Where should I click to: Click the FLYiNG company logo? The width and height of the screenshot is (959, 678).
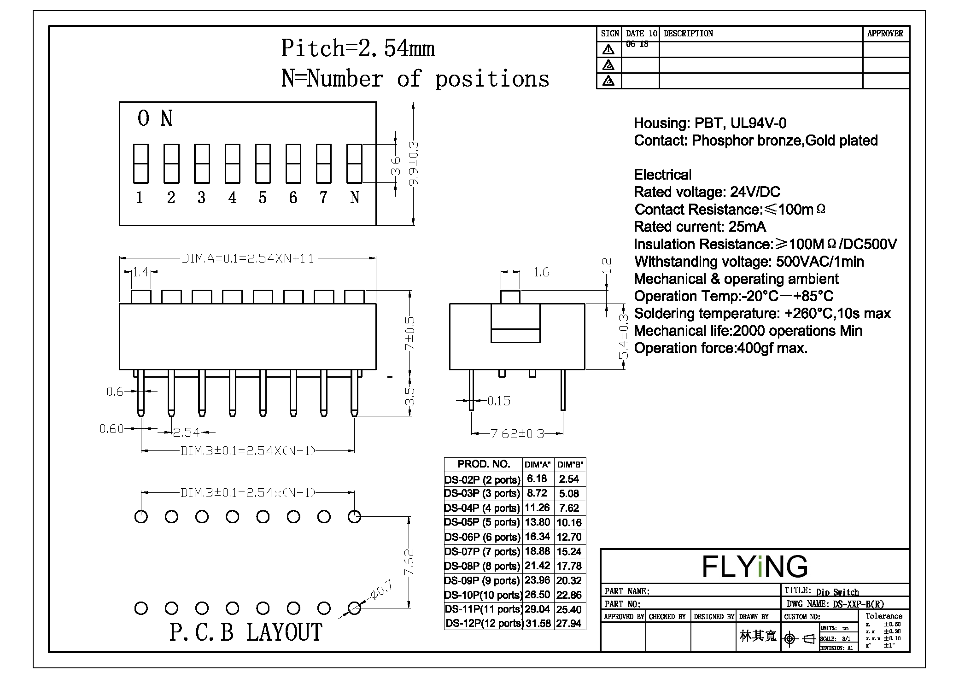[754, 566]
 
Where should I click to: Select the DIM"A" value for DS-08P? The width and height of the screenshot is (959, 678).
[537, 566]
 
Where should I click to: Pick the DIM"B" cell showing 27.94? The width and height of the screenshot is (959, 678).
[569, 624]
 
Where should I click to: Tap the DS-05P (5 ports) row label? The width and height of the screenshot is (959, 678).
[482, 522]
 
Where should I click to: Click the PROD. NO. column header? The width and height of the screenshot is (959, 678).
[483, 464]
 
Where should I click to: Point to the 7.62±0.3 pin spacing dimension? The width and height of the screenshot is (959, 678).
[517, 433]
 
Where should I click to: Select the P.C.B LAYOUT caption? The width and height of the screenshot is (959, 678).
[246, 632]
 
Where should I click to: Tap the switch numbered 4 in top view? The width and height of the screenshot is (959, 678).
[232, 164]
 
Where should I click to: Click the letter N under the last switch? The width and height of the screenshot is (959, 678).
[354, 198]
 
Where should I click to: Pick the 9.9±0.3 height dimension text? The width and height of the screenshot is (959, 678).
[414, 164]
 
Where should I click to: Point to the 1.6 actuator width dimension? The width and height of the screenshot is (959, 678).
[541, 272]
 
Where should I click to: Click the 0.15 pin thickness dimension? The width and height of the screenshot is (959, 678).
[499, 401]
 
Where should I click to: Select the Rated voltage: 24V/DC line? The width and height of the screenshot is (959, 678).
[707, 192]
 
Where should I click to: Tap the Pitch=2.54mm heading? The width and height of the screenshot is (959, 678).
[358, 48]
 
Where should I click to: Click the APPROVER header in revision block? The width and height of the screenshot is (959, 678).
[885, 34]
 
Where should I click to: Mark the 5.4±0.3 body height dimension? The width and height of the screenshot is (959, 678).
[624, 336]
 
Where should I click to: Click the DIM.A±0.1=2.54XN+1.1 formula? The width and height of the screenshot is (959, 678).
[248, 258]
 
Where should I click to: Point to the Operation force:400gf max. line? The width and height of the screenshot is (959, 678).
[720, 348]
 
